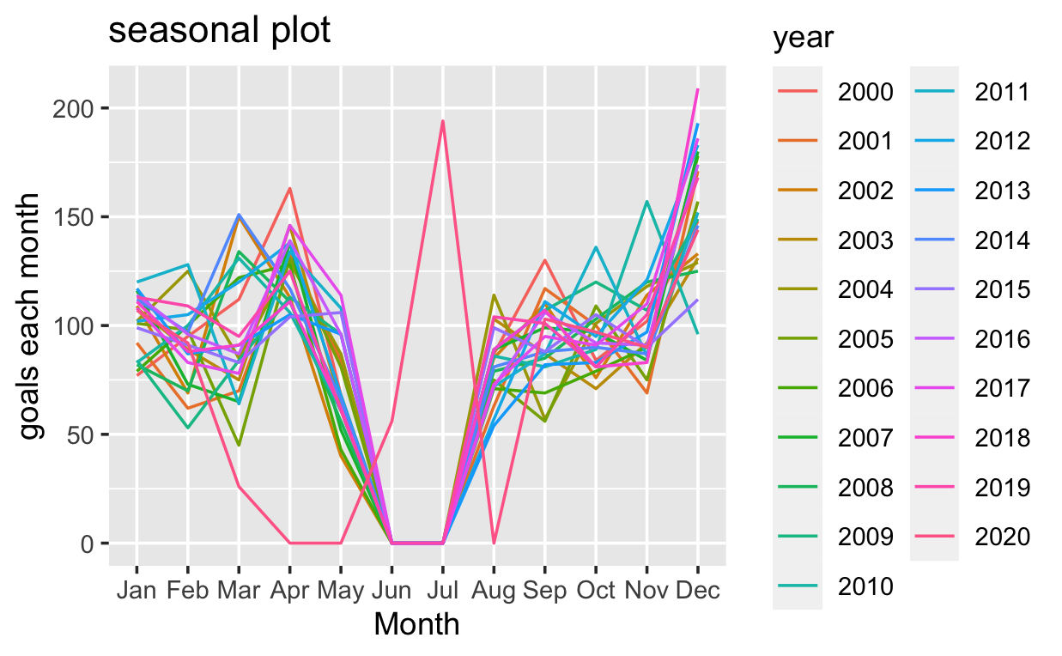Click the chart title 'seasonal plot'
click(x=219, y=31)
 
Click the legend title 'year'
click(x=800, y=39)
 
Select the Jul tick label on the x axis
click(x=443, y=591)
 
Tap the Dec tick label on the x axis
click(x=698, y=591)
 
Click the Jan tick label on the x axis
click(x=137, y=591)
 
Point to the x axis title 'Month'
click(x=417, y=624)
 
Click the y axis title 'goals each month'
click(x=31, y=316)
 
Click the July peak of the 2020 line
click(x=443, y=121)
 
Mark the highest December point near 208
click(x=698, y=89)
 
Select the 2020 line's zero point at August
click(x=494, y=543)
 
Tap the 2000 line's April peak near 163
click(x=290, y=188)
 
